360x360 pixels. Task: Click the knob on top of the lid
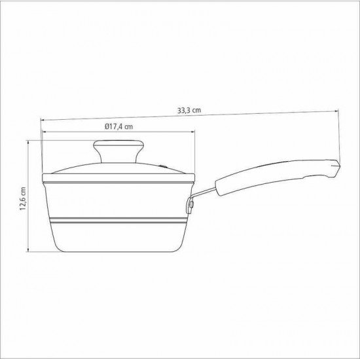click(x=118, y=147)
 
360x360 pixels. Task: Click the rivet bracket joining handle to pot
click(x=190, y=206)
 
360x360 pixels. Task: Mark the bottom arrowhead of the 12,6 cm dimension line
click(x=29, y=251)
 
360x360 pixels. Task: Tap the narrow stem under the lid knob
click(x=118, y=159)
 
